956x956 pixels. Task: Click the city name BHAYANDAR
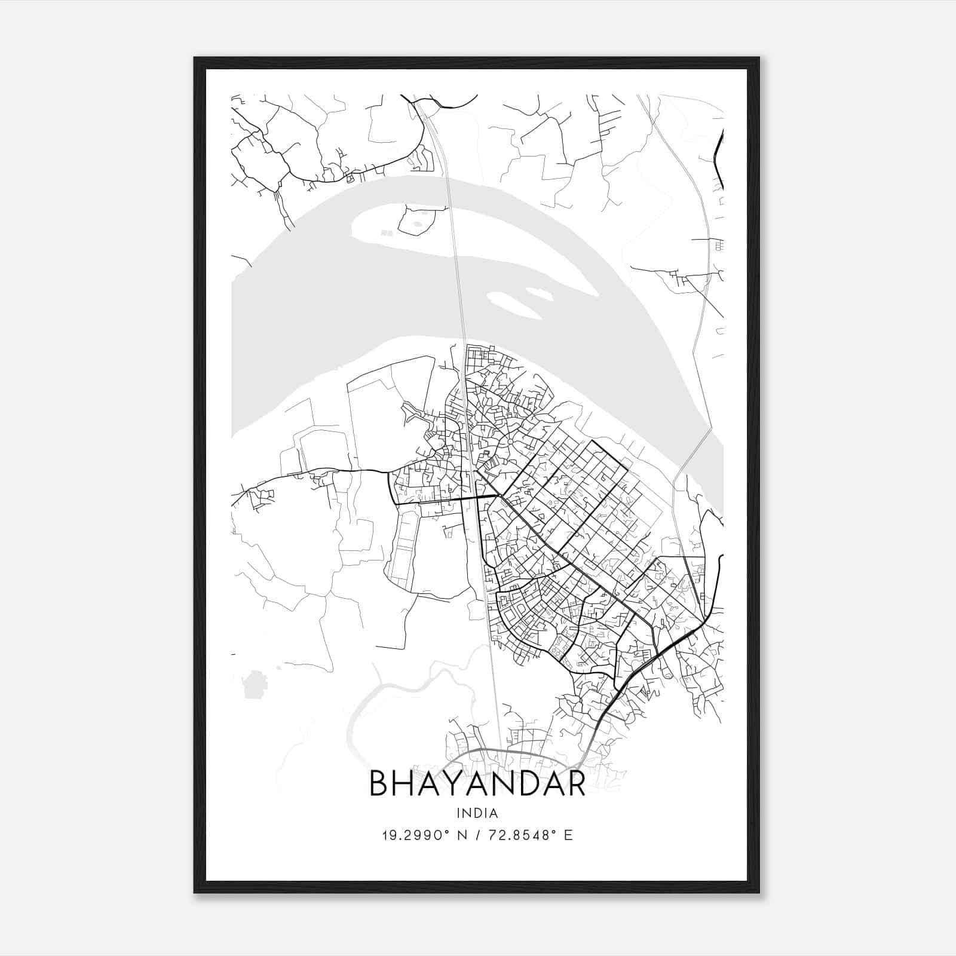point(477,783)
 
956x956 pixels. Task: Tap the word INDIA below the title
point(477,813)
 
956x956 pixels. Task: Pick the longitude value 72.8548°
point(514,835)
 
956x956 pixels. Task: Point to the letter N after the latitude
point(461,835)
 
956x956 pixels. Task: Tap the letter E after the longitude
point(568,835)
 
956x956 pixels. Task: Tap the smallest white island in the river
point(538,294)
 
